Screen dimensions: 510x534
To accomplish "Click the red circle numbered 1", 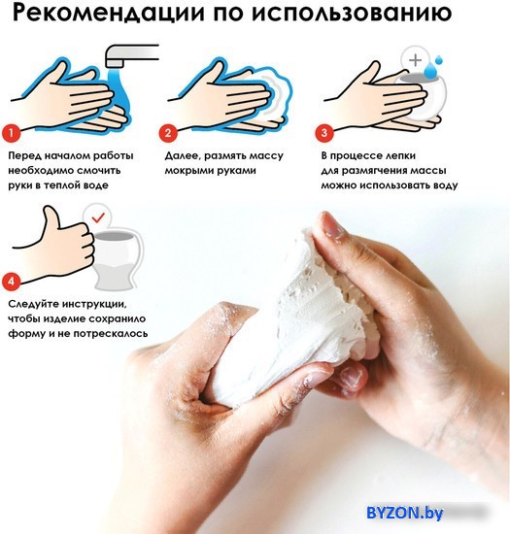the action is tap(12, 132).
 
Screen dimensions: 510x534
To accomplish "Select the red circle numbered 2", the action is tap(168, 132).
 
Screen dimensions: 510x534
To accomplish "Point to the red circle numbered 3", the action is tap(324, 132).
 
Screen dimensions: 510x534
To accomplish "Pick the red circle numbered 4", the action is tap(12, 282).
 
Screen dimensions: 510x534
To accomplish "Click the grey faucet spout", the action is tap(131, 54).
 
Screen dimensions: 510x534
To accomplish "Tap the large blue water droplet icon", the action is tap(429, 71).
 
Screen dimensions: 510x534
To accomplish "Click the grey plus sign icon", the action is tap(416, 60).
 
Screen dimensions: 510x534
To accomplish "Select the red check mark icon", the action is tap(98, 217).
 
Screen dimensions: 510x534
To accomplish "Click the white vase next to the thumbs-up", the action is tap(116, 260).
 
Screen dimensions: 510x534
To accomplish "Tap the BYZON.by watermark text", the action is tap(405, 513).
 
